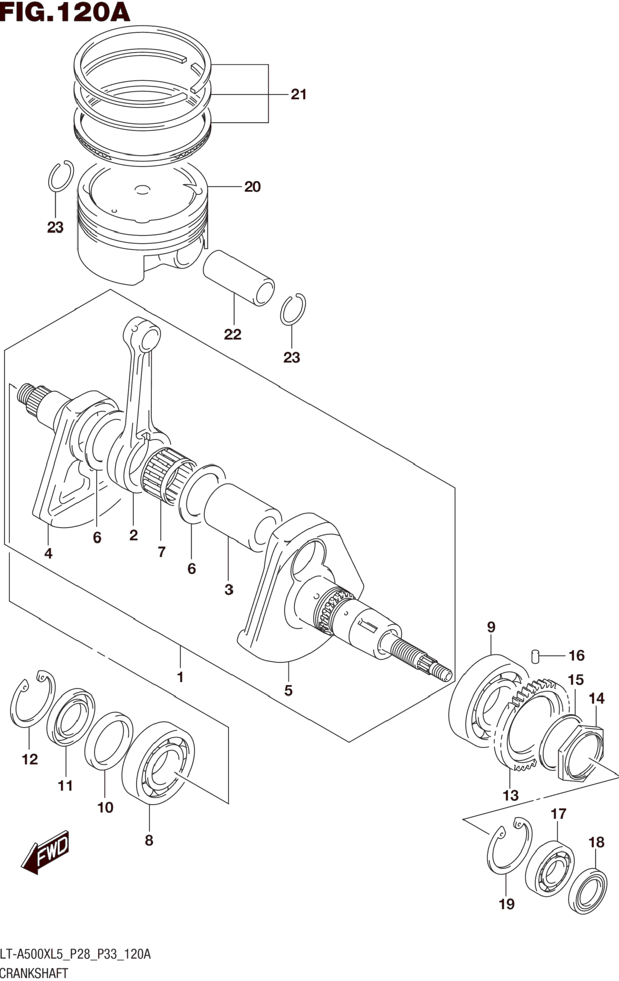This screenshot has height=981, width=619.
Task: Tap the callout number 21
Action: point(298,94)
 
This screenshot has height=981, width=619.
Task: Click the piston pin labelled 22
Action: point(239,278)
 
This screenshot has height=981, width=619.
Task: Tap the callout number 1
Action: point(180,677)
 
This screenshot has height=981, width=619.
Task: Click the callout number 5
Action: point(288,691)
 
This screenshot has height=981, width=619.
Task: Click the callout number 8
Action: point(149,840)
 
